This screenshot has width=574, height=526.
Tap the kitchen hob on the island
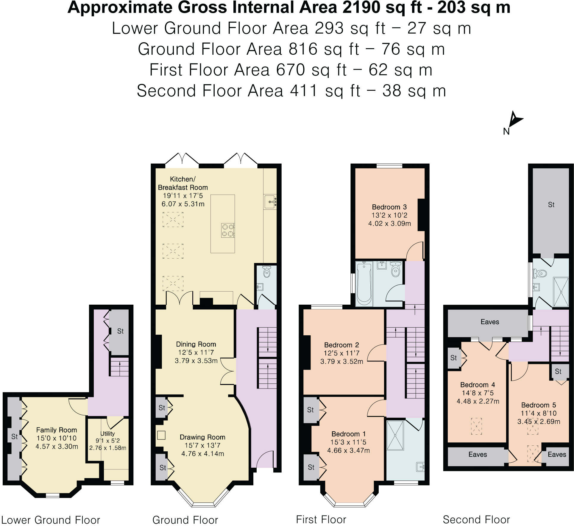click(228, 230)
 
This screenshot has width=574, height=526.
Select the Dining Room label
click(196, 344)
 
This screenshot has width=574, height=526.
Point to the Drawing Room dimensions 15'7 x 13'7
click(202, 445)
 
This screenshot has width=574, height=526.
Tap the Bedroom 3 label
click(389, 207)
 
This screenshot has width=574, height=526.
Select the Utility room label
click(107, 433)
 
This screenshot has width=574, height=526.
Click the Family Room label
click(57, 430)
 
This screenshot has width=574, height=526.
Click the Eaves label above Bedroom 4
click(490, 322)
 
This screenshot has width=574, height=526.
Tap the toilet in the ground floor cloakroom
click(267, 271)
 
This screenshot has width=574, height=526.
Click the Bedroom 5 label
click(539, 405)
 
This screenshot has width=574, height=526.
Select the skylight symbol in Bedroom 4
click(476, 426)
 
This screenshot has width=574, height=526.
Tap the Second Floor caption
click(476, 520)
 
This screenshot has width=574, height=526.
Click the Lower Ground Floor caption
click(51, 520)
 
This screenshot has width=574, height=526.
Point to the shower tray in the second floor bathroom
click(561, 292)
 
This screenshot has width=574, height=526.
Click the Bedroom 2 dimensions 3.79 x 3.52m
click(341, 361)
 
